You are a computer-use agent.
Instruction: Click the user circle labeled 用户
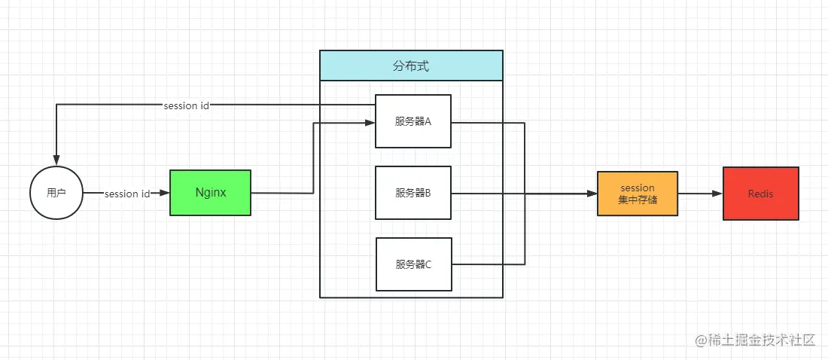pos(56,193)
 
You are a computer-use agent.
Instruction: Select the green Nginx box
pos(210,193)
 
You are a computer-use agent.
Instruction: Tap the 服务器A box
pos(413,121)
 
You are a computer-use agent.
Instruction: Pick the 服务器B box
pos(413,193)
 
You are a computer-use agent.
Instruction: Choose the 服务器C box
pos(413,264)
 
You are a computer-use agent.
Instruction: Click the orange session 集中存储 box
pos(638,194)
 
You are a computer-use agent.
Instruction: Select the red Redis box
pos(760,194)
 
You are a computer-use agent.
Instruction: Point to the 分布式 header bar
pos(411,66)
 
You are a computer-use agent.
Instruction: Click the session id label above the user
pos(186,105)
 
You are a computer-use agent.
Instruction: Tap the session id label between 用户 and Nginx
pos(127,194)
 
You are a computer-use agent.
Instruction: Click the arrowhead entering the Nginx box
pos(165,194)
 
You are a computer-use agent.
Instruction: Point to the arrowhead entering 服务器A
pos(370,122)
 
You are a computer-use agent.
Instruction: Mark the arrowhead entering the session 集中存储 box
pos(592,194)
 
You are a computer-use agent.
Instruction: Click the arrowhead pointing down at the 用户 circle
pos(56,161)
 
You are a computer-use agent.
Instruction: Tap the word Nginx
pos(211,192)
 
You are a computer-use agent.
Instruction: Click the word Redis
pos(760,194)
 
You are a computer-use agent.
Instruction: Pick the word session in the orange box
pos(638,187)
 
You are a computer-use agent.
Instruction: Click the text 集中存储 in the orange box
pos(638,200)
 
